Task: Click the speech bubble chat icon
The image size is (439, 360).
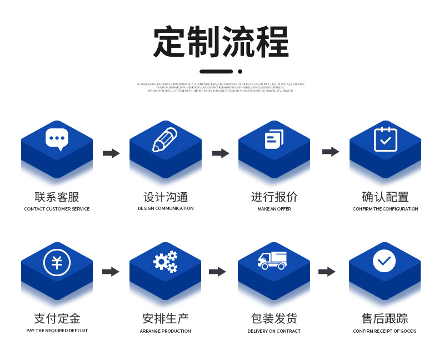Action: point(57,139)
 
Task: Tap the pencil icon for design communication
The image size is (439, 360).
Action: point(165,139)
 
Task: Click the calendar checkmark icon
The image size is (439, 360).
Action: point(385,139)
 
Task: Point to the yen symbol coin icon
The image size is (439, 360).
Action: point(57,262)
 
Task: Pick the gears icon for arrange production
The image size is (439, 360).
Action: point(166,261)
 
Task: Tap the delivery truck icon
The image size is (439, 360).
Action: point(272,261)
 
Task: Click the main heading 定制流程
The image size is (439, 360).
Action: point(221,42)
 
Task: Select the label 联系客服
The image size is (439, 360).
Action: point(57,197)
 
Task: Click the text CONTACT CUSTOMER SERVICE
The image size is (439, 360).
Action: point(57,209)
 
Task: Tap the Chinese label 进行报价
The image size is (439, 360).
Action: point(274,197)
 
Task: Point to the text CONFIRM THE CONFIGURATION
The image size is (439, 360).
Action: point(385,209)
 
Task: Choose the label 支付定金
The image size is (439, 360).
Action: point(57,319)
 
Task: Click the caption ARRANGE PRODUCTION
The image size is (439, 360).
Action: point(165,331)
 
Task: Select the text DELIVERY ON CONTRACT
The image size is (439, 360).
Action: point(274,331)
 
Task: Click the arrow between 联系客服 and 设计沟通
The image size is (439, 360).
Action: point(111,153)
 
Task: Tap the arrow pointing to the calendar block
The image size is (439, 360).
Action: point(331,152)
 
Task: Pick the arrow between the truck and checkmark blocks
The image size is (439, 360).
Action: point(327,272)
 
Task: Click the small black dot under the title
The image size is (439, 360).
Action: point(240,71)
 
